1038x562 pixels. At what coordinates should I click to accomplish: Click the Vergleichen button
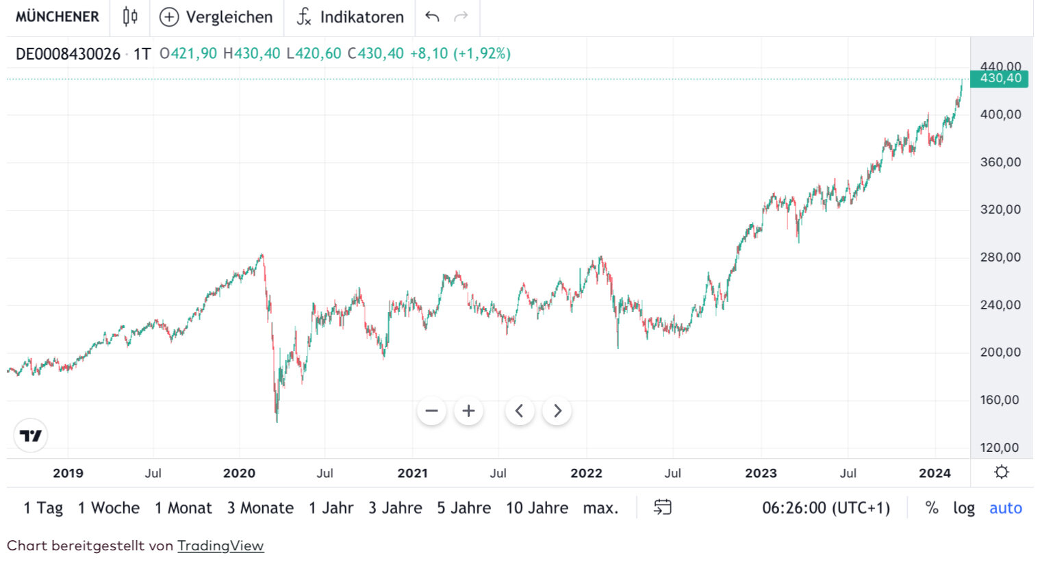click(x=216, y=17)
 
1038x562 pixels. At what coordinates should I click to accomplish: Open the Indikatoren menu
click(x=350, y=17)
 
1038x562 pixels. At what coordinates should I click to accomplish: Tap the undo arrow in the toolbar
click(x=432, y=16)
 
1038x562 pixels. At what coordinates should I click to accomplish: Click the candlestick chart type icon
click(x=130, y=16)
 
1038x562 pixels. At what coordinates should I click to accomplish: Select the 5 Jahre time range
click(x=464, y=508)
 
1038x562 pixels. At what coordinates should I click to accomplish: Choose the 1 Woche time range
click(x=108, y=508)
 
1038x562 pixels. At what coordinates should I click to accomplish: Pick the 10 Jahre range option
click(x=537, y=508)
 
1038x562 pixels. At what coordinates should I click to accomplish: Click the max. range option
click(x=600, y=508)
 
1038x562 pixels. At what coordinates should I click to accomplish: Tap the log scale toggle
click(x=963, y=508)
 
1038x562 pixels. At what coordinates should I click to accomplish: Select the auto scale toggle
click(x=1005, y=508)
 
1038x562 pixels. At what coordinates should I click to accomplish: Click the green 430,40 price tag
click(x=1000, y=79)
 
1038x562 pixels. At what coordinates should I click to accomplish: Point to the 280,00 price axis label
click(x=1000, y=257)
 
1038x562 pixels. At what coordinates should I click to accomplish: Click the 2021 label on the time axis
click(x=412, y=473)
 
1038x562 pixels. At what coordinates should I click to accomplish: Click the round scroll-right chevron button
click(x=557, y=411)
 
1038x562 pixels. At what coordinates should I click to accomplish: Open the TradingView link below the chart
click(x=220, y=546)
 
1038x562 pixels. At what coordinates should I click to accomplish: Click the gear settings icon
click(x=1001, y=472)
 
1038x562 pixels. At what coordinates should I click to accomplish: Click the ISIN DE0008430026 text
click(x=68, y=54)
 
